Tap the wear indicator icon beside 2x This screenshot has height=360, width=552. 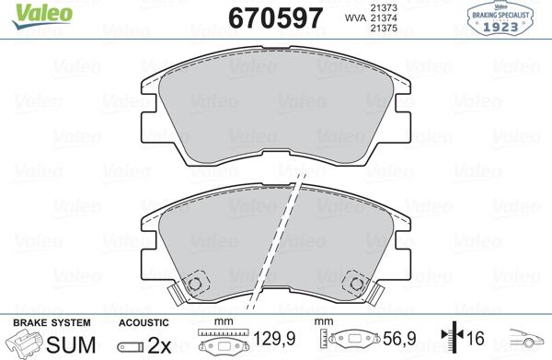point(132,345)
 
